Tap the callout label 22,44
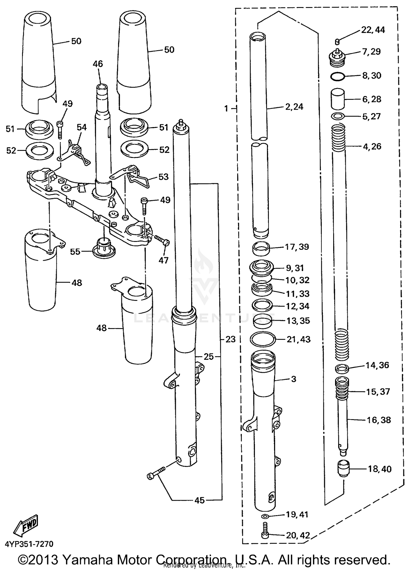click(x=373, y=30)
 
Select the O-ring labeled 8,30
click(x=338, y=77)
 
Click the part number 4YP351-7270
click(x=29, y=544)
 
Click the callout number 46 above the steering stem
click(x=98, y=64)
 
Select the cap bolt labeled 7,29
click(x=338, y=58)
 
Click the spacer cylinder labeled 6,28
click(x=338, y=100)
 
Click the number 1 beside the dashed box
click(x=226, y=109)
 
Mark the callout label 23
click(x=230, y=339)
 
